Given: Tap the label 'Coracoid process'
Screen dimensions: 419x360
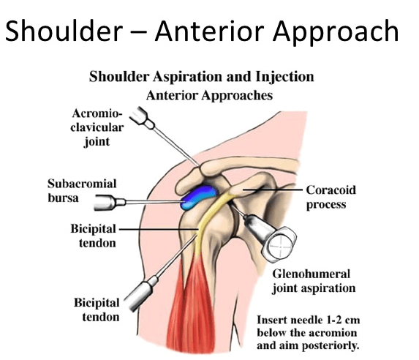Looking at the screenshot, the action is (331, 197).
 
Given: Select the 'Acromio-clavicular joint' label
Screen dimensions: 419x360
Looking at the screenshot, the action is (97, 127).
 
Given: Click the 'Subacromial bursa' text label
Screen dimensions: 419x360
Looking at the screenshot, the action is (82, 191).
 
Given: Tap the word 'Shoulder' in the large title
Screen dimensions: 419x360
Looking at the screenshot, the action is (64, 31).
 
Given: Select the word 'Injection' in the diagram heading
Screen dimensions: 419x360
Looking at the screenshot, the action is (284, 77).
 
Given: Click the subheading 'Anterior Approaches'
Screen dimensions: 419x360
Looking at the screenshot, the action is (209, 95).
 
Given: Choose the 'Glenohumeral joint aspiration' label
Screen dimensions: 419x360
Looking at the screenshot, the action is (314, 281).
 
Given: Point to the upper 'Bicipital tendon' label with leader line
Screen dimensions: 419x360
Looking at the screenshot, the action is (94, 236).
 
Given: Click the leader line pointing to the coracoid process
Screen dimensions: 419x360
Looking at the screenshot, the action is (272, 190).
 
